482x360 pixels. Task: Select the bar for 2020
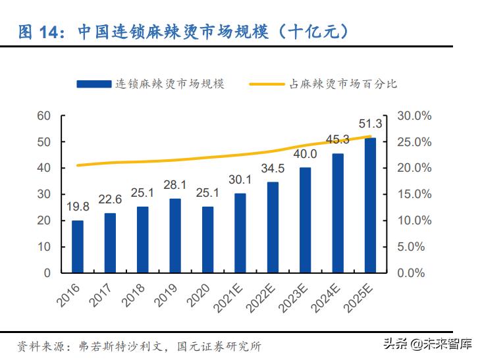coord(207,240)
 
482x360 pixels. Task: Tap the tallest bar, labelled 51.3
coord(370,205)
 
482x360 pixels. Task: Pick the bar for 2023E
coord(305,220)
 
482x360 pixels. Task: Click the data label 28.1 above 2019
coord(174,185)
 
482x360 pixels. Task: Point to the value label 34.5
coord(272,168)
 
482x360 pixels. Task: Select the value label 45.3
coord(337,139)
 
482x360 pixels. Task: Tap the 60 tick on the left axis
coord(44,116)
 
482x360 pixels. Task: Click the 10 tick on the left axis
coord(44,247)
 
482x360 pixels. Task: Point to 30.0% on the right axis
coord(415,116)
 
